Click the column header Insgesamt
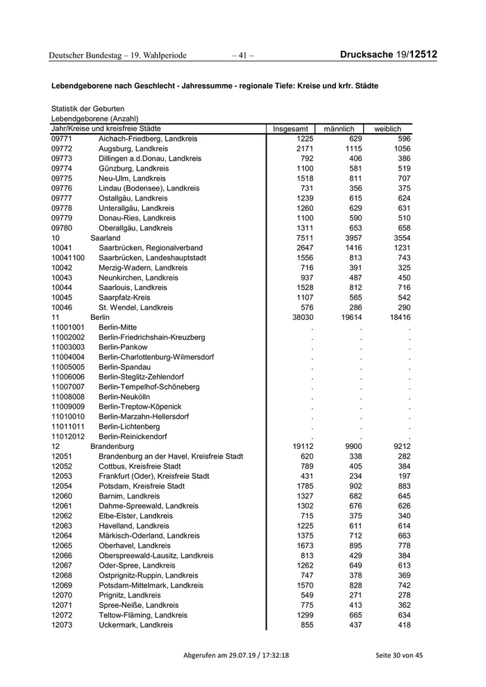tap(290, 129)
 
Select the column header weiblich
tap(387, 129)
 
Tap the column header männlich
tap(339, 129)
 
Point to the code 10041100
tap(68, 257)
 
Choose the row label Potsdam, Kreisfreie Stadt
tap(142, 486)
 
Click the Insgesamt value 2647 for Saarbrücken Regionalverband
tap(295, 248)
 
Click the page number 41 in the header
tap(243, 55)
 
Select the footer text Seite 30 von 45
tap(399, 656)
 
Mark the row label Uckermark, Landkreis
tap(135, 625)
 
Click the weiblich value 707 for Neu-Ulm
tap(402, 178)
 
